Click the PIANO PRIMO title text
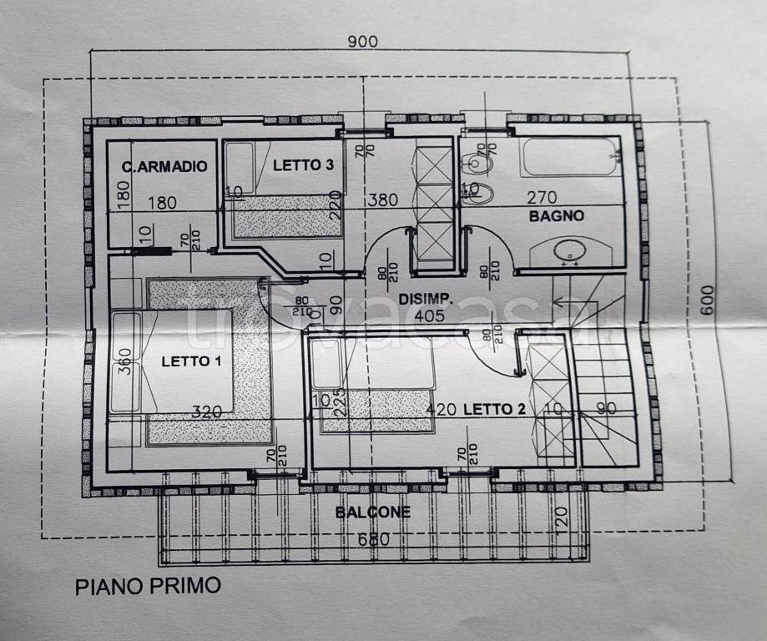(148, 585)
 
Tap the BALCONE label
(373, 512)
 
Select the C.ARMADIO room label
(164, 167)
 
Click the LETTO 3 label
(304, 165)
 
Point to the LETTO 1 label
(191, 361)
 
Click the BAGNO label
(556, 215)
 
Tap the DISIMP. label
(425, 298)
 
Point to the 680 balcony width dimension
(373, 539)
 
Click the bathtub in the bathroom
(569, 157)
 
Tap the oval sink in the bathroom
(571, 250)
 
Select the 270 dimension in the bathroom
(541, 198)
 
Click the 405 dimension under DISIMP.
(430, 315)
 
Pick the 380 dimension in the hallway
(383, 200)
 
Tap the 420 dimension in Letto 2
(441, 409)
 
